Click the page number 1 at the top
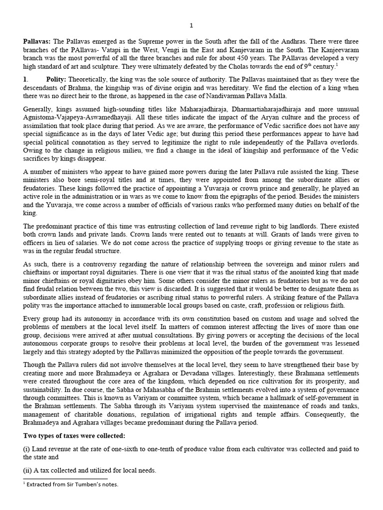191,25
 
